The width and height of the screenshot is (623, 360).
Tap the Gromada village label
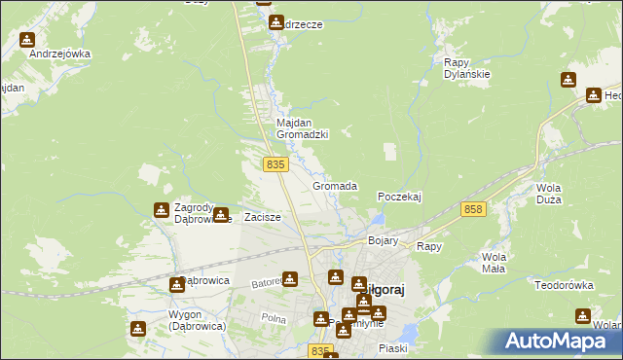click(335, 186)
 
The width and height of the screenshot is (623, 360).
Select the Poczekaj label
click(399, 197)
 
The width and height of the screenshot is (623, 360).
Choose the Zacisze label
click(263, 217)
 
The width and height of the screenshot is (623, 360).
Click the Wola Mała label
click(500, 263)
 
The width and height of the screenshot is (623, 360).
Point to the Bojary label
click(384, 240)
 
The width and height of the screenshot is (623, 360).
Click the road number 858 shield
click(474, 209)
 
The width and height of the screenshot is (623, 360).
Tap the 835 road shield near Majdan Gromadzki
click(275, 165)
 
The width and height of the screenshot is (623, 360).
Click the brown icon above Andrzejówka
click(26, 40)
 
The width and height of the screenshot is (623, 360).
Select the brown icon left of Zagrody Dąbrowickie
click(160, 210)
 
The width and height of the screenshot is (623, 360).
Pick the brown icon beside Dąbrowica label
click(176, 284)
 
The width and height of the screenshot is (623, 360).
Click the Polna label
click(274, 319)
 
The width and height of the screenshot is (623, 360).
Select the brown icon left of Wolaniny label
click(582, 316)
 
